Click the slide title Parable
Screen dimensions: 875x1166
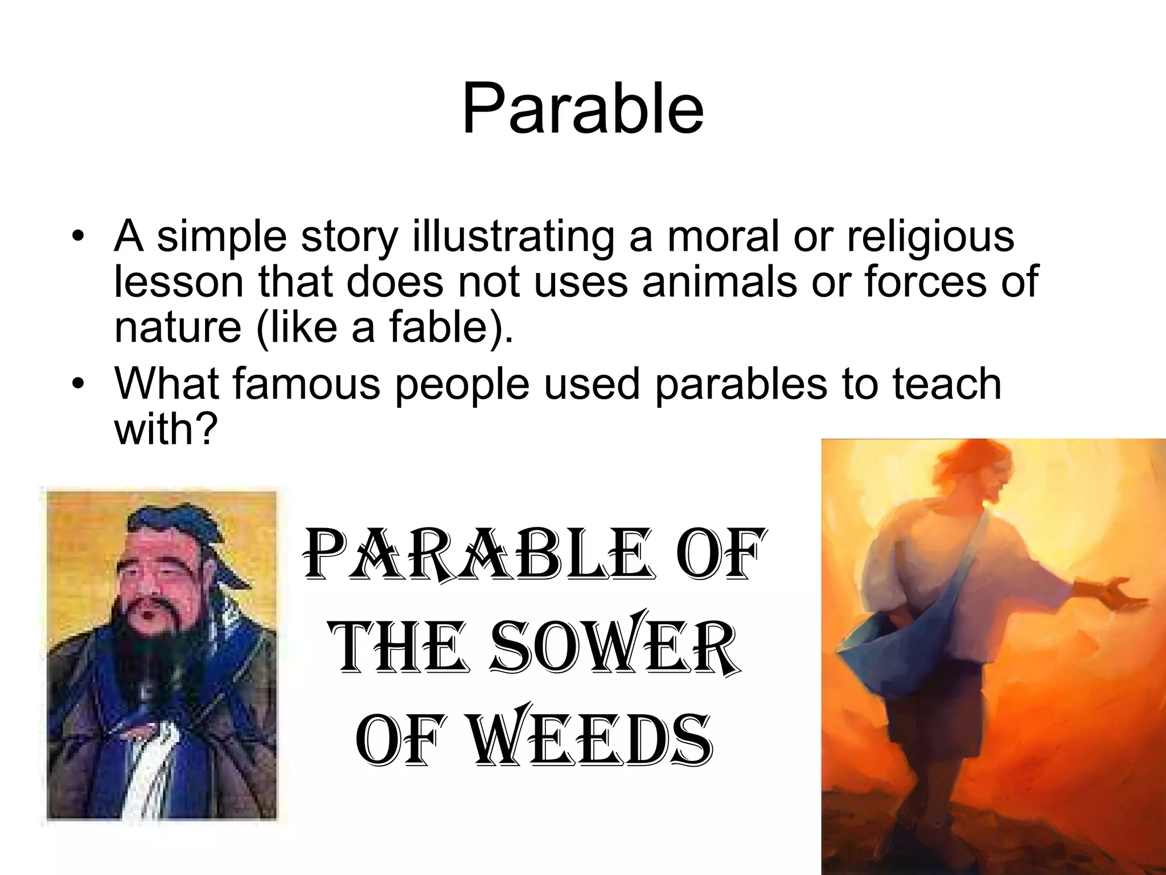click(582, 109)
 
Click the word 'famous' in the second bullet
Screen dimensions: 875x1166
click(306, 383)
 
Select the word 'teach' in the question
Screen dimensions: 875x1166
click(946, 383)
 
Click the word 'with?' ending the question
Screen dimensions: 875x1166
click(166, 429)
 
